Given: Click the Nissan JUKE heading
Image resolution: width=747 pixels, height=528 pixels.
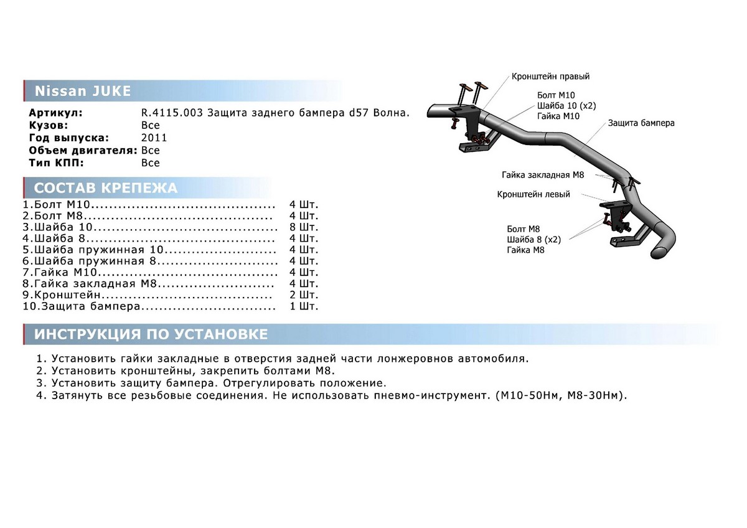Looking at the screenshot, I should pyautogui.click(x=82, y=92).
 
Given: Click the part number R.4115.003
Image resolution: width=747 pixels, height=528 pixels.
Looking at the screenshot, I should pyautogui.click(x=171, y=113).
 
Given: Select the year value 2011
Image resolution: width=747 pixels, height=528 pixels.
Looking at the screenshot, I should pyautogui.click(x=154, y=138).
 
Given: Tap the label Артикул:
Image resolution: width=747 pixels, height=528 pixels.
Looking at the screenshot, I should pyautogui.click(x=55, y=113).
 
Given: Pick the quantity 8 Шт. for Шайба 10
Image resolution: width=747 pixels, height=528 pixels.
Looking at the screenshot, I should pyautogui.click(x=304, y=227).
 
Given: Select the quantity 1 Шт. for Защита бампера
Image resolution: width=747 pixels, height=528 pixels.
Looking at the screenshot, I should pyautogui.click(x=304, y=306).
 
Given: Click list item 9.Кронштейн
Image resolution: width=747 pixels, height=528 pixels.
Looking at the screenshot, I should pyautogui.click(x=62, y=295).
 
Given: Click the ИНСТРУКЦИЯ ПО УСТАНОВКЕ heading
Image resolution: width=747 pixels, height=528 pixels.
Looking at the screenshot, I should pyautogui.click(x=151, y=334).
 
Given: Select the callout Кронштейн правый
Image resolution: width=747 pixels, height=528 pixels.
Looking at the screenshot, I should pyautogui.click(x=550, y=77).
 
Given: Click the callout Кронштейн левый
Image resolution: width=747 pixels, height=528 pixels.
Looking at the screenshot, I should pyautogui.click(x=533, y=194).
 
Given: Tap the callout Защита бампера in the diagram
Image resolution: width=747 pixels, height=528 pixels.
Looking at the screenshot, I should pyautogui.click(x=641, y=123).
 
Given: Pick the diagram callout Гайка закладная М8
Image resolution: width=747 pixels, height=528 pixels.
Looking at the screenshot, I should pyautogui.click(x=543, y=175).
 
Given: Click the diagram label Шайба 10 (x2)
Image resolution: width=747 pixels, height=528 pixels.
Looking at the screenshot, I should pyautogui.click(x=566, y=105).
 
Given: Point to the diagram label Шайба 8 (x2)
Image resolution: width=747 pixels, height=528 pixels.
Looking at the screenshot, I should pyautogui.click(x=534, y=239).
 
